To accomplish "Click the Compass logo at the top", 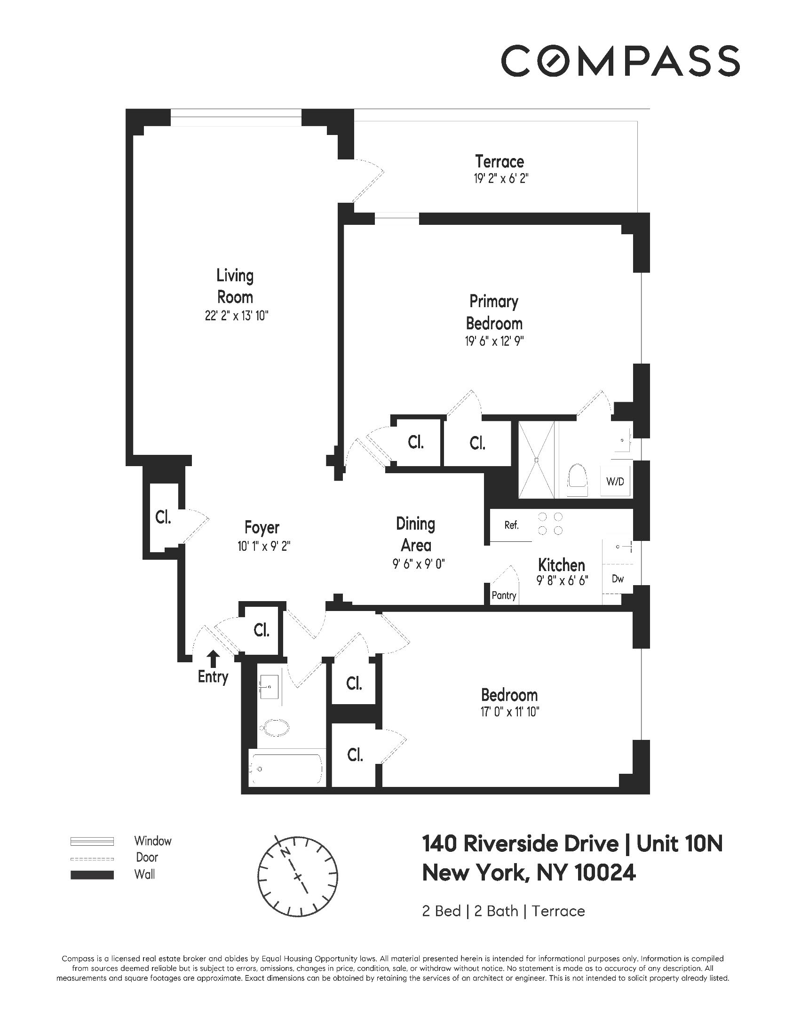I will pyautogui.click(x=620, y=61).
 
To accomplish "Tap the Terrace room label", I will pyautogui.click(x=499, y=161).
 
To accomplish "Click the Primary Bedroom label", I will pyautogui.click(x=494, y=312).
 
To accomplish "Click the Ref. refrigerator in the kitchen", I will pyautogui.click(x=511, y=525).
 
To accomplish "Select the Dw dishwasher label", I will pyautogui.click(x=618, y=579).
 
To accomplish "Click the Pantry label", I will pyautogui.click(x=504, y=595).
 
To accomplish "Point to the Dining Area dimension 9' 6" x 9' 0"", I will pyautogui.click(x=419, y=564).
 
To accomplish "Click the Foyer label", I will pyautogui.click(x=262, y=527).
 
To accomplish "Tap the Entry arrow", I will pyautogui.click(x=213, y=659).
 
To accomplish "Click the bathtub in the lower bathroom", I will pyautogui.click(x=287, y=769).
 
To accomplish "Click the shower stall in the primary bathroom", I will pyautogui.click(x=536, y=460).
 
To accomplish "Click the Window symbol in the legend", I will pyautogui.click(x=92, y=841).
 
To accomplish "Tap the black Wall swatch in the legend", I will pyautogui.click(x=92, y=875).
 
